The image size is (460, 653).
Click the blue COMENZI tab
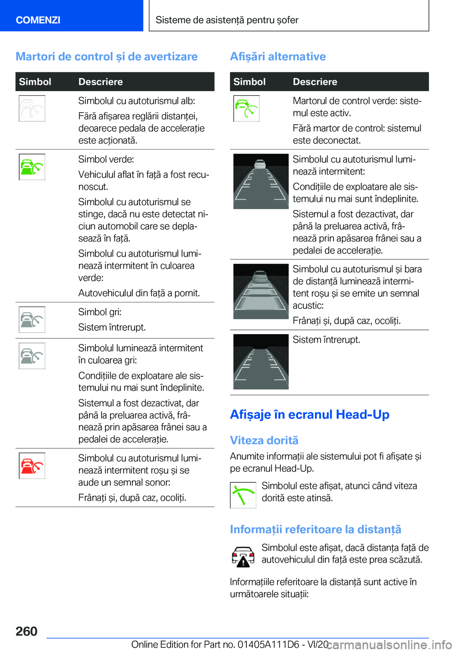tap(38, 20)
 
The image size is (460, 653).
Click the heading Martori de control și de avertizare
tap(106, 57)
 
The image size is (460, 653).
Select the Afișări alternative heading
tap(277, 57)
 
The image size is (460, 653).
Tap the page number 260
tap(26, 631)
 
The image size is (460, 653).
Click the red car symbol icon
tap(32, 466)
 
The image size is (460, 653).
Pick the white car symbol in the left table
tap(32, 108)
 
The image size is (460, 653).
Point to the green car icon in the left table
tap(32, 167)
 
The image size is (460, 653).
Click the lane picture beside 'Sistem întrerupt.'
tap(261, 361)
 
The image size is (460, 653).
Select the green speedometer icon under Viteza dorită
tap(243, 495)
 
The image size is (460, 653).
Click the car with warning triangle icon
tap(243, 557)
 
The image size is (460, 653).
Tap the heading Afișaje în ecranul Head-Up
tap(310, 414)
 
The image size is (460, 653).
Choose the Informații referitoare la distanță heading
tap(315, 529)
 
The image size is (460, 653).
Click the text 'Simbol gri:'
tap(100, 312)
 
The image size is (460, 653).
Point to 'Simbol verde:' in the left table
tap(106, 159)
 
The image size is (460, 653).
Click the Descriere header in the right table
tap(315, 82)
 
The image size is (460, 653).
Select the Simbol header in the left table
tap(35, 82)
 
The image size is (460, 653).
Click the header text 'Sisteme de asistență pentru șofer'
tap(227, 20)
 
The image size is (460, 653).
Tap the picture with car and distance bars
tap(261, 291)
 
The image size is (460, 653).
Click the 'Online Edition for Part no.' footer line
tap(230, 644)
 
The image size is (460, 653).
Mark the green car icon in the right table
tap(246, 108)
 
